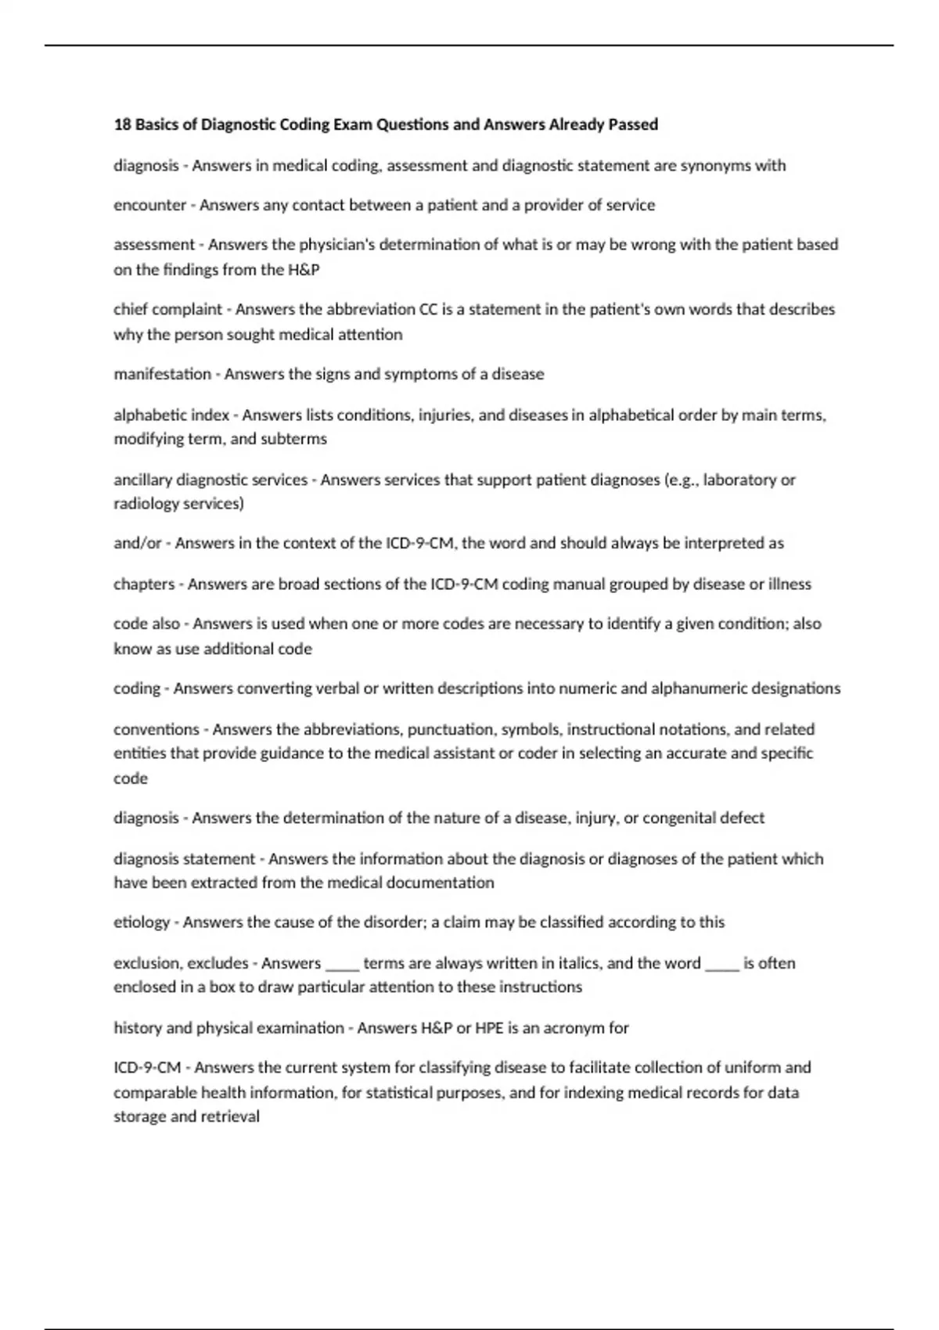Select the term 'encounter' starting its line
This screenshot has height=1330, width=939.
tap(149, 205)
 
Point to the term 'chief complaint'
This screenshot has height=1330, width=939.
tap(167, 309)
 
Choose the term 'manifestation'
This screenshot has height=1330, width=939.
tap(162, 374)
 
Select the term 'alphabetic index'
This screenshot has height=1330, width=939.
tap(171, 415)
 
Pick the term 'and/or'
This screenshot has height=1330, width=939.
tap(137, 543)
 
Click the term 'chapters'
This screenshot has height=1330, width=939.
tap(144, 584)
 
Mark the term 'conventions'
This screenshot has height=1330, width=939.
tap(156, 729)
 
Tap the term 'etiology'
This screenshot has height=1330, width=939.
tap(142, 922)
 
